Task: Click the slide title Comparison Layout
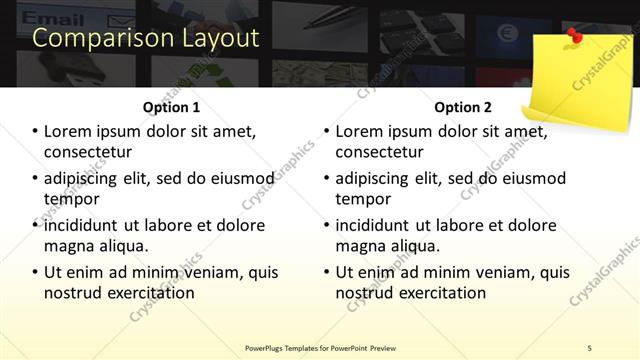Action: click(146, 39)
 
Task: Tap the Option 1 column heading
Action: click(172, 107)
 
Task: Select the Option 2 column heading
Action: click(463, 107)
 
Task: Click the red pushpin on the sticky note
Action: click(574, 37)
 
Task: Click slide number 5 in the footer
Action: click(589, 347)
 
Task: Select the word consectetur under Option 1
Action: click(88, 152)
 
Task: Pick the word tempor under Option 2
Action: click(363, 199)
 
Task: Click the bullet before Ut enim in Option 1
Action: click(35, 272)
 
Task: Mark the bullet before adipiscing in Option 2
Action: click(326, 179)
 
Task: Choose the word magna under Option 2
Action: click(361, 246)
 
